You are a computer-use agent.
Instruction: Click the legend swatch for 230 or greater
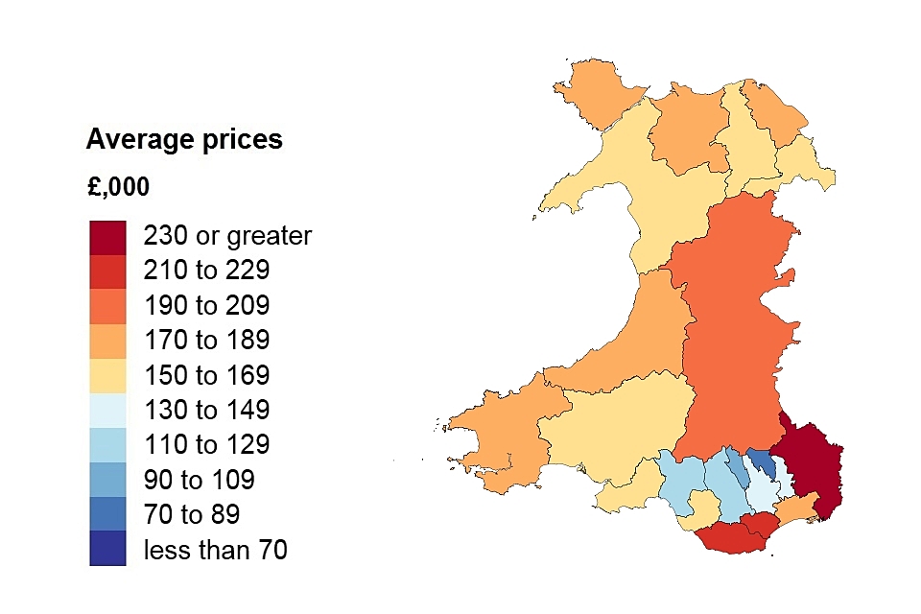107,237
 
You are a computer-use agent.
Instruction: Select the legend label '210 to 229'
206,271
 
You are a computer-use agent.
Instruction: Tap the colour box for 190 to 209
107,306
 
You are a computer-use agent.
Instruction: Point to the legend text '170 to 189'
206,340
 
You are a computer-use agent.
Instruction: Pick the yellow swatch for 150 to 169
107,375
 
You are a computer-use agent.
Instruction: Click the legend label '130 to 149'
206,410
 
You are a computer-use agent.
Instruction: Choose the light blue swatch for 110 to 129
107,444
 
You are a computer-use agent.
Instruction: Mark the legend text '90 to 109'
199,480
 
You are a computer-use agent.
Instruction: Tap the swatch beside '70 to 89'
107,513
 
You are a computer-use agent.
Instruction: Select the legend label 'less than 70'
215,550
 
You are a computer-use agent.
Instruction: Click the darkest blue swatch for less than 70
107,549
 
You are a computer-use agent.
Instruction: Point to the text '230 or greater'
227,236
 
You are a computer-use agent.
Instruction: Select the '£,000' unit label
118,187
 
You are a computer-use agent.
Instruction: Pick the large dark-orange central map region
734,326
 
